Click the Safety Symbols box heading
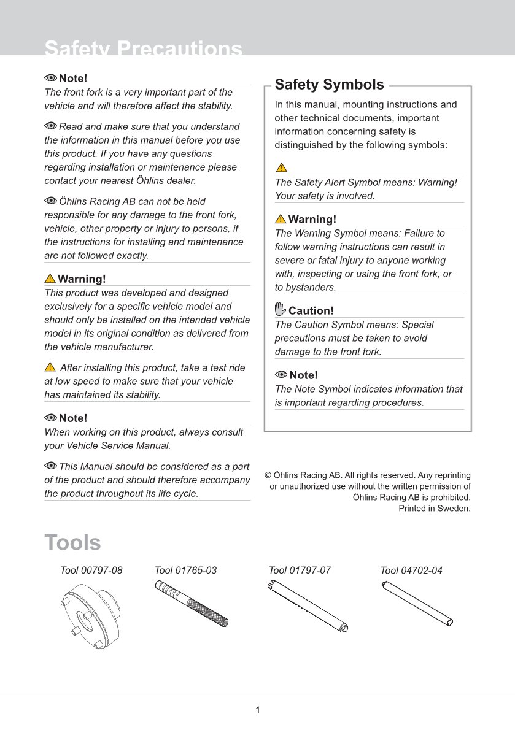coord(329,85)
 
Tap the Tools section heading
coord(72,543)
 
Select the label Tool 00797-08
coord(91,571)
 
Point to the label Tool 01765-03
coord(186,571)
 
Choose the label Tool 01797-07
coord(300,571)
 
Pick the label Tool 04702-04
coord(411,571)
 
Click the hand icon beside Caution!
coord(281,309)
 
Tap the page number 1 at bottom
coord(258,710)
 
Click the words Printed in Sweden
coord(435,508)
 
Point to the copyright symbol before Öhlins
coord(268,475)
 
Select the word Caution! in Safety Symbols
coord(311,311)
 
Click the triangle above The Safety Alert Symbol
coord(281,167)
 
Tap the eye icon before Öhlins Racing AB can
coord(50,201)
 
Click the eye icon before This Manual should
coord(50,466)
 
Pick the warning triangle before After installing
coord(50,367)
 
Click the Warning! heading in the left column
coord(82,279)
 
